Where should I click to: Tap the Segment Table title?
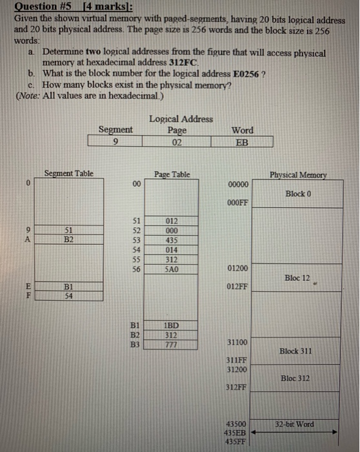[69, 174]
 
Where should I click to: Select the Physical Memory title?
[297, 174]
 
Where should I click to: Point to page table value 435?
[171, 239]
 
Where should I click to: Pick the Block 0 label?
[297, 194]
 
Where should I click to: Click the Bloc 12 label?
[297, 278]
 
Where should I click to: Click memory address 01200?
[237, 268]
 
